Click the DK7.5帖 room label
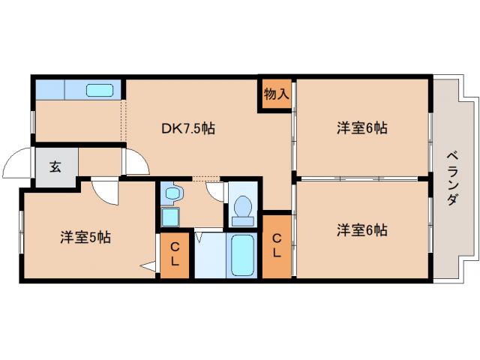click(x=188, y=128)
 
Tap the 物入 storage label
click(x=276, y=94)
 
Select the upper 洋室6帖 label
click(x=361, y=128)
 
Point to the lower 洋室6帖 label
click(x=361, y=229)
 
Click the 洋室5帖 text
click(x=85, y=238)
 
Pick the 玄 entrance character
click(x=55, y=166)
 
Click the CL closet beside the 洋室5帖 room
click(x=175, y=256)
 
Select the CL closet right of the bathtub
click(x=276, y=247)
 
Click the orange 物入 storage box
click(x=276, y=95)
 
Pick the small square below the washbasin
click(x=169, y=218)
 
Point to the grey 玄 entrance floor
click(x=55, y=167)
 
